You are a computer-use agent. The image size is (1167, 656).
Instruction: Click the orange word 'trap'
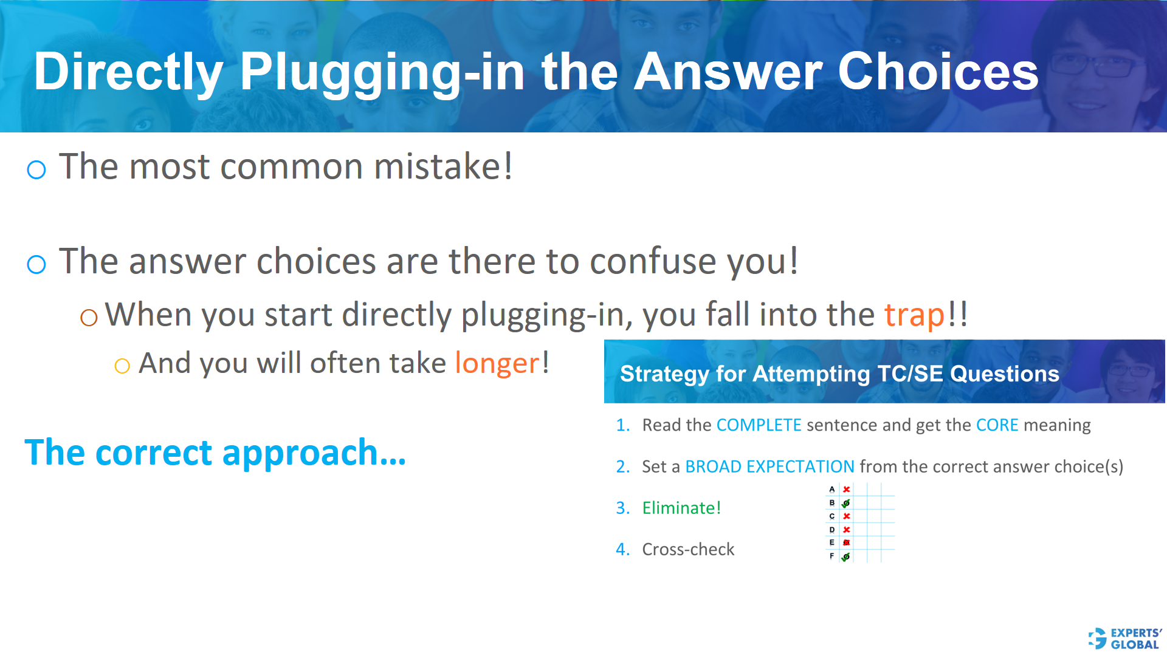tap(914, 315)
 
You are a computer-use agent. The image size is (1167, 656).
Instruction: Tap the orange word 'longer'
tap(497, 363)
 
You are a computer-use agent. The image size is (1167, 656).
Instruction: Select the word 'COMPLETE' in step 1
tap(759, 425)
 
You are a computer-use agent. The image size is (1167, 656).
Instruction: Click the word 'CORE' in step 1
tap(997, 425)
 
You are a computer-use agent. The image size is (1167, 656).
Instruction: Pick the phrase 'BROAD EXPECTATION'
tap(769, 466)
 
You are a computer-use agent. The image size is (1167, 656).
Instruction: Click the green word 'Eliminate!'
tap(681, 508)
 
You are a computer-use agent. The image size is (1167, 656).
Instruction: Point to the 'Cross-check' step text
tap(688, 549)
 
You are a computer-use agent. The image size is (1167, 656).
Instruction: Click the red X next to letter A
tap(846, 490)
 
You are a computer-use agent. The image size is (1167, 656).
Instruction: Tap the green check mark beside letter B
tap(845, 503)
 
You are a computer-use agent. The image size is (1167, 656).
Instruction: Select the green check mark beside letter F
tap(845, 556)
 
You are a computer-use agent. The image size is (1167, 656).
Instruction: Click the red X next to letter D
tap(846, 530)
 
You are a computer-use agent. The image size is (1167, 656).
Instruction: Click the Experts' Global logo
tap(1124, 638)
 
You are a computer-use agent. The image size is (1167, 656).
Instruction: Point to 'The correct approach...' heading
tap(215, 453)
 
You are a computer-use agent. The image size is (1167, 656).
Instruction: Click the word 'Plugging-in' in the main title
tap(382, 72)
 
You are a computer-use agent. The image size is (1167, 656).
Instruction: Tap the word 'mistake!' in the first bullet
tap(443, 166)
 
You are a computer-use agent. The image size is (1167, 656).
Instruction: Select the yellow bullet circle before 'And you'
tap(122, 366)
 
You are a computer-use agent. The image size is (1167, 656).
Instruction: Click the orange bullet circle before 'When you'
tap(89, 317)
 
